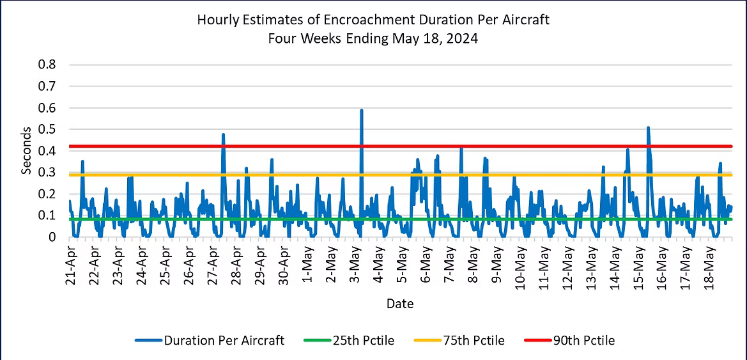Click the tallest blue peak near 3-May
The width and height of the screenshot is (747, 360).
pyautogui.click(x=362, y=110)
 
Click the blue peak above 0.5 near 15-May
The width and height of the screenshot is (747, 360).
pyautogui.click(x=648, y=127)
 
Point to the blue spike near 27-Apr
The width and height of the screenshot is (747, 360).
pyautogui.click(x=223, y=134)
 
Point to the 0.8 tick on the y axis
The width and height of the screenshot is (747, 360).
pyautogui.click(x=49, y=65)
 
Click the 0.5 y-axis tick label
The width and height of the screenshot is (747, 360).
pyautogui.click(x=49, y=129)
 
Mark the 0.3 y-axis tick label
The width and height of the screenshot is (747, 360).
pyautogui.click(x=49, y=173)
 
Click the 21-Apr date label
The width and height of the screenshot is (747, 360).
pyautogui.click(x=72, y=269)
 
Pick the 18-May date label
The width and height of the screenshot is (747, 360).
pyautogui.click(x=708, y=269)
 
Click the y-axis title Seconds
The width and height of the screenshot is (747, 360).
pyautogui.click(x=26, y=151)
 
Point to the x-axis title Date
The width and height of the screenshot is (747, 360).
pyautogui.click(x=400, y=304)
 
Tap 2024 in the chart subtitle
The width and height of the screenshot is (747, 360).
pyautogui.click(x=463, y=38)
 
